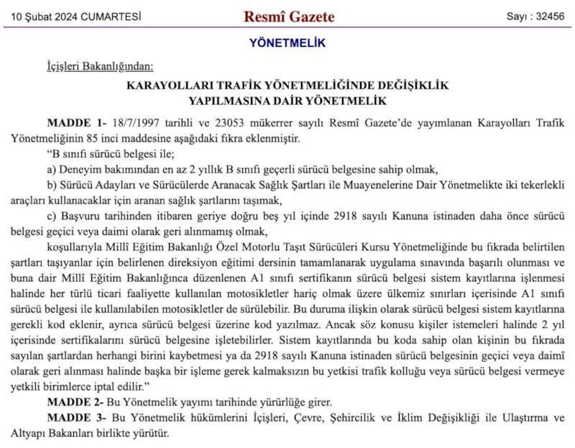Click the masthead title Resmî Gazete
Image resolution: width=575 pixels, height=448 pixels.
289,16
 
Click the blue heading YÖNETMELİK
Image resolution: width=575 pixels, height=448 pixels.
287,43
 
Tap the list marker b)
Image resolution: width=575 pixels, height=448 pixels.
52,185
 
